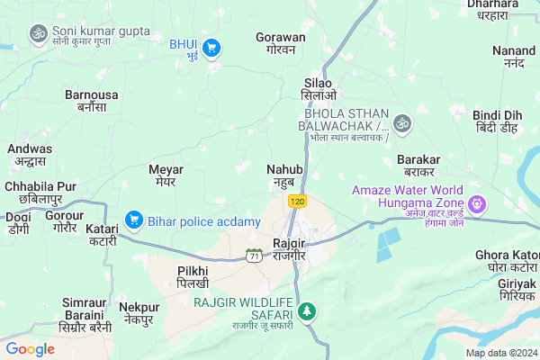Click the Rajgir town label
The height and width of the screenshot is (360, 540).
click(x=291, y=249)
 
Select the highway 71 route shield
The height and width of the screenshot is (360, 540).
click(x=255, y=257)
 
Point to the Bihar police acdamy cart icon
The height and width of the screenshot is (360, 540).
click(x=134, y=218)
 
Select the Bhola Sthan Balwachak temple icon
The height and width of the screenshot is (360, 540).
click(x=402, y=121)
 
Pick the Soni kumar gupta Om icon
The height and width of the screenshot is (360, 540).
click(x=38, y=33)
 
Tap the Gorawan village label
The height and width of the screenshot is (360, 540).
click(x=280, y=45)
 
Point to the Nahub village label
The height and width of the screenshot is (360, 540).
click(x=284, y=175)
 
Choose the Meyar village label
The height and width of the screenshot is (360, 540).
click(x=166, y=175)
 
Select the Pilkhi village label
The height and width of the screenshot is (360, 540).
click(x=193, y=276)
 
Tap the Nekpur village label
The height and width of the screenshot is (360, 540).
click(x=139, y=313)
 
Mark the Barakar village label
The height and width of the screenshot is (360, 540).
click(x=418, y=165)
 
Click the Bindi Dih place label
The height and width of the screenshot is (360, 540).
click(x=498, y=121)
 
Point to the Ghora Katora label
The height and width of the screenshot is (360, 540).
click(x=507, y=262)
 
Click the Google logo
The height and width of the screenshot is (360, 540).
click(x=31, y=348)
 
